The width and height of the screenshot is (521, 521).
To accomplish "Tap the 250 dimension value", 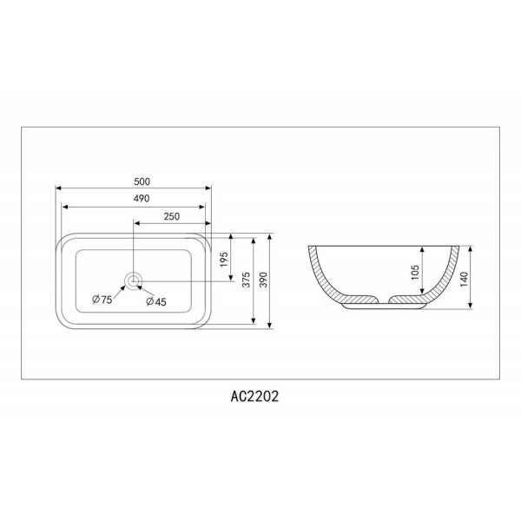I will click(x=171, y=217).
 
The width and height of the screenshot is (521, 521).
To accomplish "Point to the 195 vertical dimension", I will click(x=224, y=258).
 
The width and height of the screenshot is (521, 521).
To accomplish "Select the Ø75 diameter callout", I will click(x=102, y=300).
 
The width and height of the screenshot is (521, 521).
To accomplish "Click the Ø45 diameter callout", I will click(x=156, y=300).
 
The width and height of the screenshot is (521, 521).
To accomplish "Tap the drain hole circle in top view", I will click(x=133, y=280).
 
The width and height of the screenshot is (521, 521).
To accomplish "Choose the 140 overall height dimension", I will click(x=465, y=278).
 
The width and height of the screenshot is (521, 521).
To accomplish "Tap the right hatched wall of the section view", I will click(x=444, y=278).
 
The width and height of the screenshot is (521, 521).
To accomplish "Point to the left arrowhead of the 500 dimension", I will click(x=58, y=188).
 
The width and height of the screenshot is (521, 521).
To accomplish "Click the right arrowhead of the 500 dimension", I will click(x=208, y=188).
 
